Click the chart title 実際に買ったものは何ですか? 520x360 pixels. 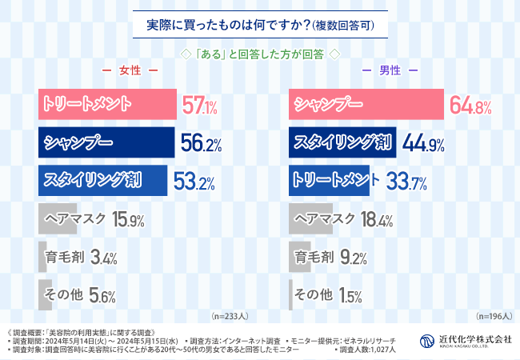point(261,25)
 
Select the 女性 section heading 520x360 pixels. point(128,71)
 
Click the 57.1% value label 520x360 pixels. point(199,106)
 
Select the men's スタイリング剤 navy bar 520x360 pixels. point(341,143)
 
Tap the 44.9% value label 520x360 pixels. point(419,144)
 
